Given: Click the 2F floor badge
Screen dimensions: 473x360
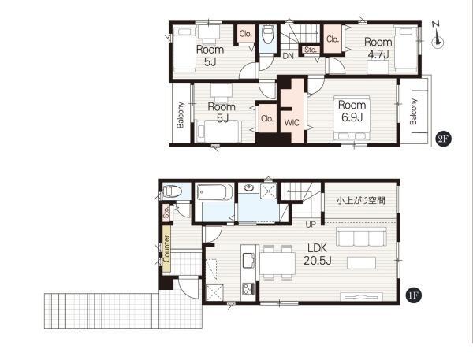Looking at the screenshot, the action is click(x=443, y=139).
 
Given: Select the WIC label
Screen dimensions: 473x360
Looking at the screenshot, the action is click(x=292, y=123).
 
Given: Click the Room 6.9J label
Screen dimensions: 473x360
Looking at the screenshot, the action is click(x=352, y=111).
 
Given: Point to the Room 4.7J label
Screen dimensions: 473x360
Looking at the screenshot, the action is click(x=378, y=48).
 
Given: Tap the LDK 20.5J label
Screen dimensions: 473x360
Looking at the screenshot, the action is click(x=318, y=254).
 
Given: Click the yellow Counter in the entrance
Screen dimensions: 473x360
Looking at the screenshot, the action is click(x=166, y=249).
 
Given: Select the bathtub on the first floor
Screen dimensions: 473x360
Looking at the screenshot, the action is click(x=214, y=192).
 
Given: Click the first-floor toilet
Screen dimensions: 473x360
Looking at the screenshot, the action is click(x=172, y=191).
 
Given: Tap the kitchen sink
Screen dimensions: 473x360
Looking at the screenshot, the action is click(x=248, y=260).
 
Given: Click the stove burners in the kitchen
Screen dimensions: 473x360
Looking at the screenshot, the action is click(x=248, y=288).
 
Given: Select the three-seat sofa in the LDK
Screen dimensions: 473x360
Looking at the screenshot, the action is click(x=361, y=236).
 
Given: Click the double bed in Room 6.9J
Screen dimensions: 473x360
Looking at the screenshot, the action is click(x=352, y=119).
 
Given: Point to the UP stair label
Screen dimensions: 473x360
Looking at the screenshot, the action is click(x=311, y=225).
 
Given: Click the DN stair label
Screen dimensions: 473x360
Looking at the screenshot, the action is click(x=289, y=56).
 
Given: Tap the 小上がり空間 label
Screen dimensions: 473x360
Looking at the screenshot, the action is click(x=361, y=201).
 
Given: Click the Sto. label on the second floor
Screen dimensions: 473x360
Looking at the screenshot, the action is click(x=310, y=50).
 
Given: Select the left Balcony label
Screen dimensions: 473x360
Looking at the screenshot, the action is click(x=181, y=115).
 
